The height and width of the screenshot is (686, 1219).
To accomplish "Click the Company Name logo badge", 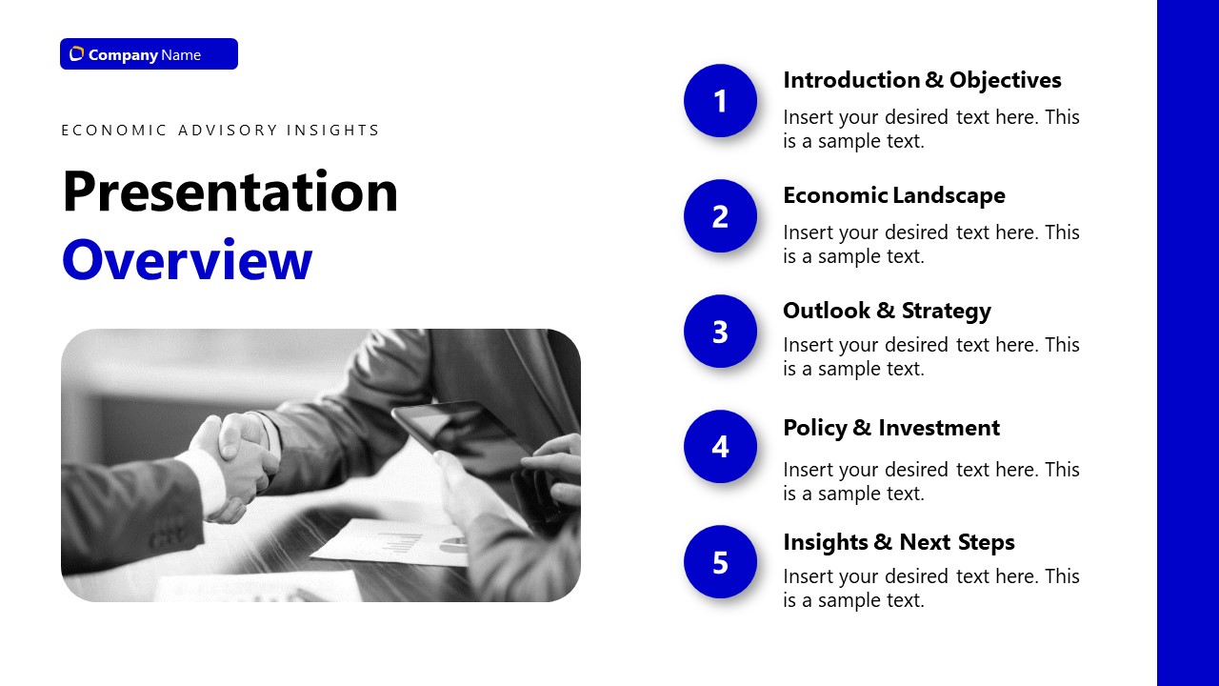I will [149, 54].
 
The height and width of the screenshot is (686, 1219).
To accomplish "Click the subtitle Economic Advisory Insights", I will [220, 131].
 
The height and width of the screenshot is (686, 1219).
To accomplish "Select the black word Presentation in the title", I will [230, 192].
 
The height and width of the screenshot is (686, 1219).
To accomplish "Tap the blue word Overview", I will [187, 260].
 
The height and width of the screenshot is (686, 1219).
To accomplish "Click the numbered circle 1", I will [720, 101].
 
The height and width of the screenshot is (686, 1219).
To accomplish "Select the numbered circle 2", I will [720, 216].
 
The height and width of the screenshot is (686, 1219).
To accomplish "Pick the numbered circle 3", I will [720, 332].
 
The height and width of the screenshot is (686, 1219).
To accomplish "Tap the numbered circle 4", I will [720, 447].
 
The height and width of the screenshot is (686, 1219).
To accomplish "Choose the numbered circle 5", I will [720, 562].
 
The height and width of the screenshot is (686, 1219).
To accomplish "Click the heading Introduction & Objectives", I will [921, 80].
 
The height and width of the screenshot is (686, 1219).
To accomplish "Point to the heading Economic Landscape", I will [893, 195].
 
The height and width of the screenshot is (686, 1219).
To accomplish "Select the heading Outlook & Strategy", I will [887, 311].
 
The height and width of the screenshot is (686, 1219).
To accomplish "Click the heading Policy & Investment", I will [890, 428].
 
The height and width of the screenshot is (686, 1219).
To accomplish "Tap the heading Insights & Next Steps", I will [898, 542].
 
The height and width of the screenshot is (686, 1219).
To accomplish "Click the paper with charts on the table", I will [400, 543].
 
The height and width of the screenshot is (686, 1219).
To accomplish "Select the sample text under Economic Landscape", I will [930, 244].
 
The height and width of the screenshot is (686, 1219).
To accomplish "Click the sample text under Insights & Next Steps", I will [930, 588].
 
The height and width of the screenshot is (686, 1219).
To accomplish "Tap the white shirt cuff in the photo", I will [205, 476].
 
